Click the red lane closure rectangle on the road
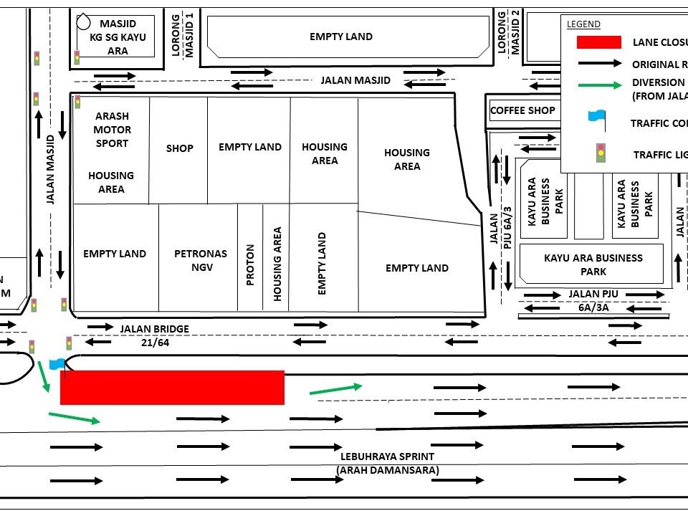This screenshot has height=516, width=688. (172, 387)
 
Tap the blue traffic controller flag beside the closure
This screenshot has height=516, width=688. (57, 363)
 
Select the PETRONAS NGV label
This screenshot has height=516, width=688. (200, 260)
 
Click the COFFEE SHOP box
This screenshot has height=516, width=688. (522, 110)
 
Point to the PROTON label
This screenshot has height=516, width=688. (250, 265)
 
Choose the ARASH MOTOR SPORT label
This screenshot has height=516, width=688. (112, 130)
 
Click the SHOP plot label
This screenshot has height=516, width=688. (179, 148)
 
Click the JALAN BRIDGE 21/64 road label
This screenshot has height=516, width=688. (155, 334)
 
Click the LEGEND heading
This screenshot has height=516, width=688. (583, 24)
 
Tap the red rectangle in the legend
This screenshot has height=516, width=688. (598, 42)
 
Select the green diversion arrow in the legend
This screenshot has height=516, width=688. (598, 85)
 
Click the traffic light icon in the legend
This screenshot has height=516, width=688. (601, 153)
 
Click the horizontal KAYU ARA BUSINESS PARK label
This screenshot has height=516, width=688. (593, 264)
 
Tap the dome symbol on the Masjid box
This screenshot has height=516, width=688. (84, 21)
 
